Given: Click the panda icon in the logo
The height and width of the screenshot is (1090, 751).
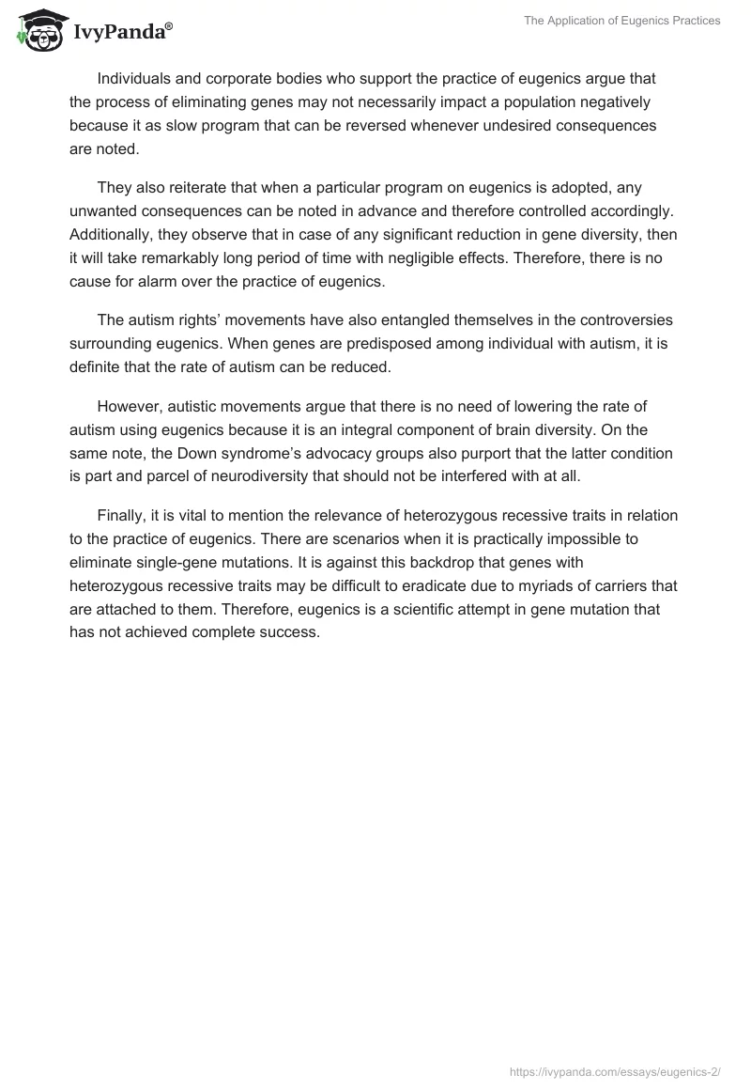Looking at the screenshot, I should click(36, 31).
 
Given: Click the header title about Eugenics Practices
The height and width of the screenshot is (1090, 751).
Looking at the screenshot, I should click(621, 21).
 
